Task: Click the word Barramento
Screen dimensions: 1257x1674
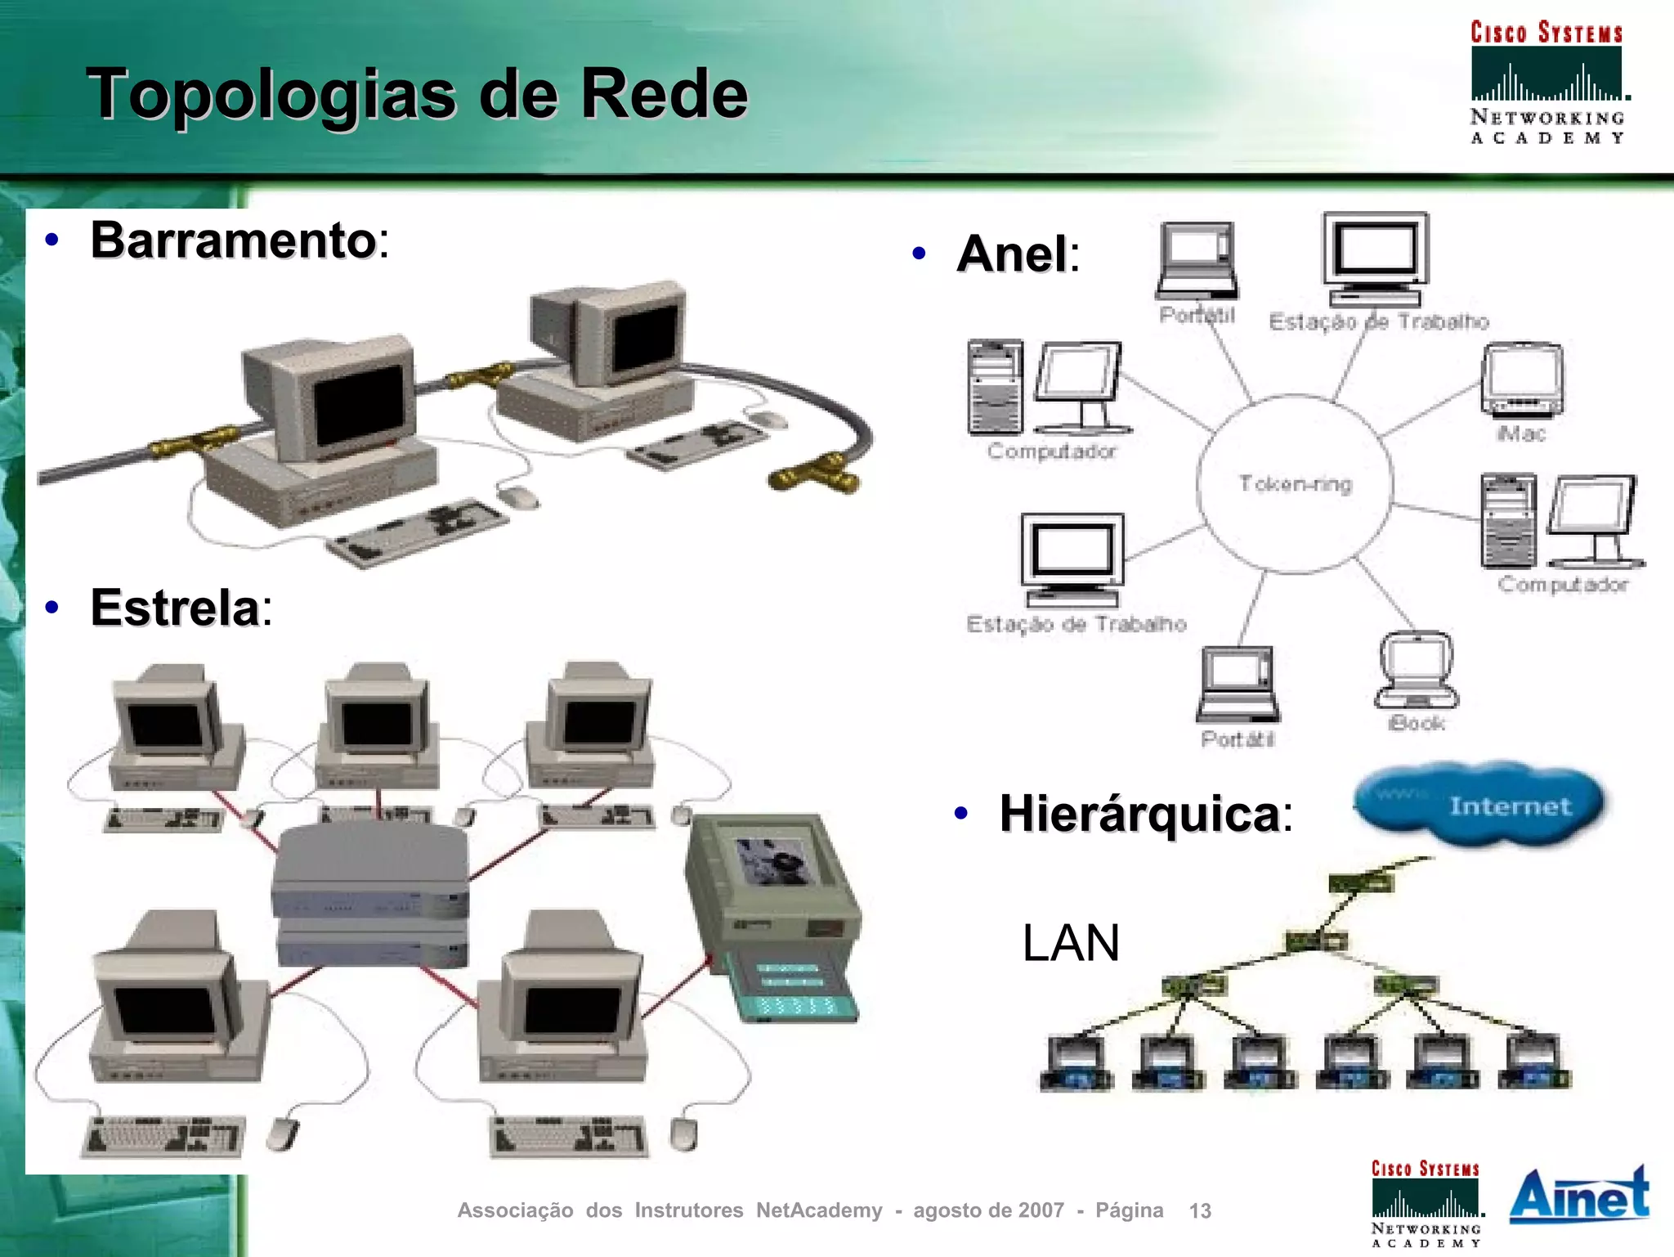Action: (x=234, y=240)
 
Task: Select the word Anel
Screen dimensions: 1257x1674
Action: (x=1013, y=254)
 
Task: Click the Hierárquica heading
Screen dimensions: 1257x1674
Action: (x=1140, y=814)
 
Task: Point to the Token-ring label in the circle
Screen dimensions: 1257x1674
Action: (x=1296, y=484)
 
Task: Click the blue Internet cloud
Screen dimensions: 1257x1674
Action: (x=1479, y=806)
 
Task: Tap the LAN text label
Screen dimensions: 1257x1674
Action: (x=1071, y=943)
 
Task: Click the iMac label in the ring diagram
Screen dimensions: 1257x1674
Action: (x=1521, y=433)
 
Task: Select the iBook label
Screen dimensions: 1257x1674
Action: (x=1417, y=723)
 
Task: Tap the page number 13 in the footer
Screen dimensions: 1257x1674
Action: (x=1200, y=1210)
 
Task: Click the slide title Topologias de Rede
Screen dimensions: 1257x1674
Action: (x=417, y=94)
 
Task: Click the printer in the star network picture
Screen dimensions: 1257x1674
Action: (x=772, y=916)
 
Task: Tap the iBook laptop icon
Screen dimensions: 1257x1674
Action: (x=1417, y=670)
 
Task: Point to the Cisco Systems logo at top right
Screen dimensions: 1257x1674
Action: (x=1546, y=82)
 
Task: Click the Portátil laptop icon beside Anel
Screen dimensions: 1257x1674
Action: (x=1197, y=261)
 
